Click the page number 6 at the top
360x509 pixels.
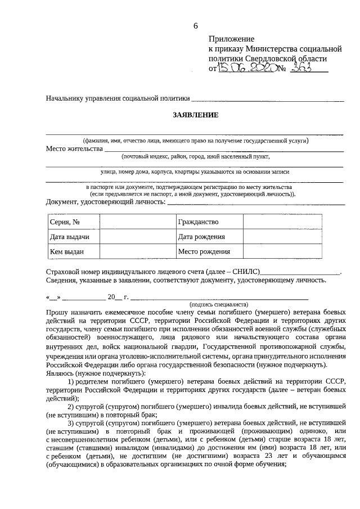[196, 25]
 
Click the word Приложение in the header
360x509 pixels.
[231, 39]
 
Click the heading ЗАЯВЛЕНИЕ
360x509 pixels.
[195, 115]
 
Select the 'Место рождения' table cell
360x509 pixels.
[203, 252]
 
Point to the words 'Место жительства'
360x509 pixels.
[74, 149]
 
